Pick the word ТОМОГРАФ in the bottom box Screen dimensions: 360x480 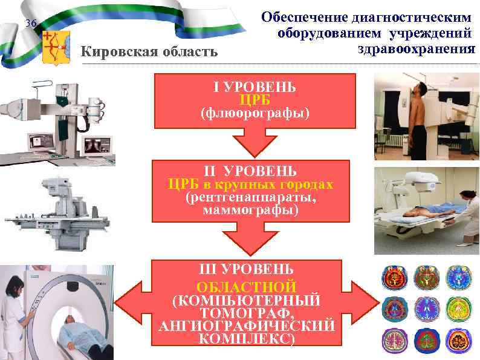pos(255,313)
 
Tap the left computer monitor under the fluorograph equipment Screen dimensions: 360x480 pos(41,142)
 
